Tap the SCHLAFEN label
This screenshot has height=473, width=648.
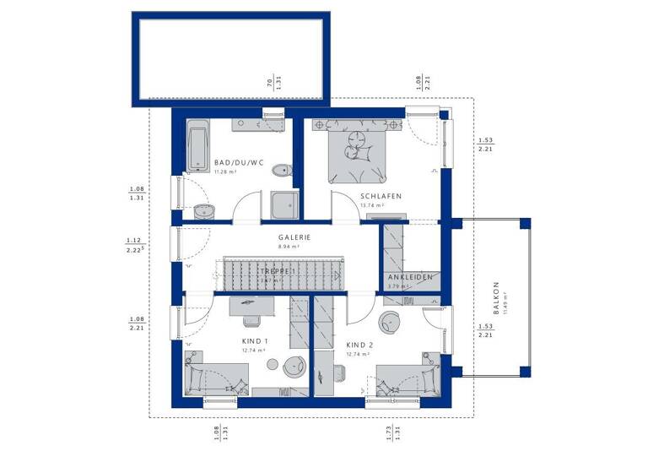(380, 196)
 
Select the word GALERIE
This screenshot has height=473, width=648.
(294, 237)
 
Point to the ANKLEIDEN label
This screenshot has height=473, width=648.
(410, 277)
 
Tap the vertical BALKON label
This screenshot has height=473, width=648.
(496, 296)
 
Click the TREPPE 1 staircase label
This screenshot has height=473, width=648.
(278, 270)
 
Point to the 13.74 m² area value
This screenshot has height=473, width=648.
(371, 205)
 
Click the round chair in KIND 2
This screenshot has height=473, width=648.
(390, 322)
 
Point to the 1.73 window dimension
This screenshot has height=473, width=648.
(386, 432)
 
